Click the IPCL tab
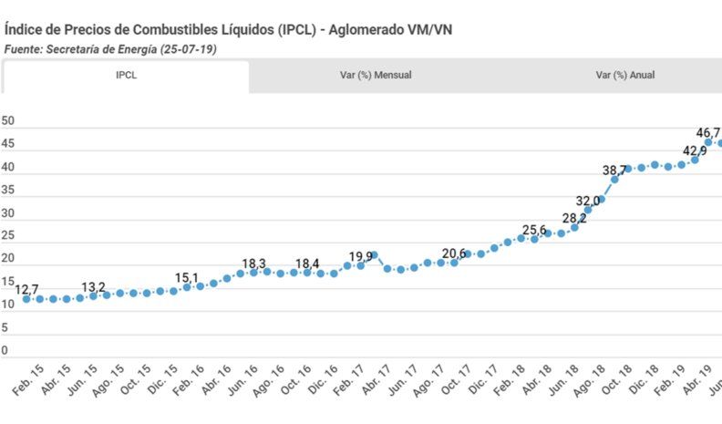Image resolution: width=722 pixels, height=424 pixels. point(126,76)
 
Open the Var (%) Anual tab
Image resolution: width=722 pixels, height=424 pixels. point(624,76)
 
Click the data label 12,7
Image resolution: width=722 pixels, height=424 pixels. point(27,289)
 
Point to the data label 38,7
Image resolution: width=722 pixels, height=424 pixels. point(614,171)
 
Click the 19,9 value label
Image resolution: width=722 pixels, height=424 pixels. point(362,256)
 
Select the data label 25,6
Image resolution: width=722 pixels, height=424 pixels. point(534,230)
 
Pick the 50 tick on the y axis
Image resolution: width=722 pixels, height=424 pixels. point(8,121)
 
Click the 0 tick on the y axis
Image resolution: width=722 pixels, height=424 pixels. point(5,350)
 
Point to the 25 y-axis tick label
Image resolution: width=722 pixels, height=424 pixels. point(8,236)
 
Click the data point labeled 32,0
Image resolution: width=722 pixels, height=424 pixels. point(588,210)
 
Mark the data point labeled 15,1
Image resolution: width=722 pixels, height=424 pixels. point(187,286)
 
